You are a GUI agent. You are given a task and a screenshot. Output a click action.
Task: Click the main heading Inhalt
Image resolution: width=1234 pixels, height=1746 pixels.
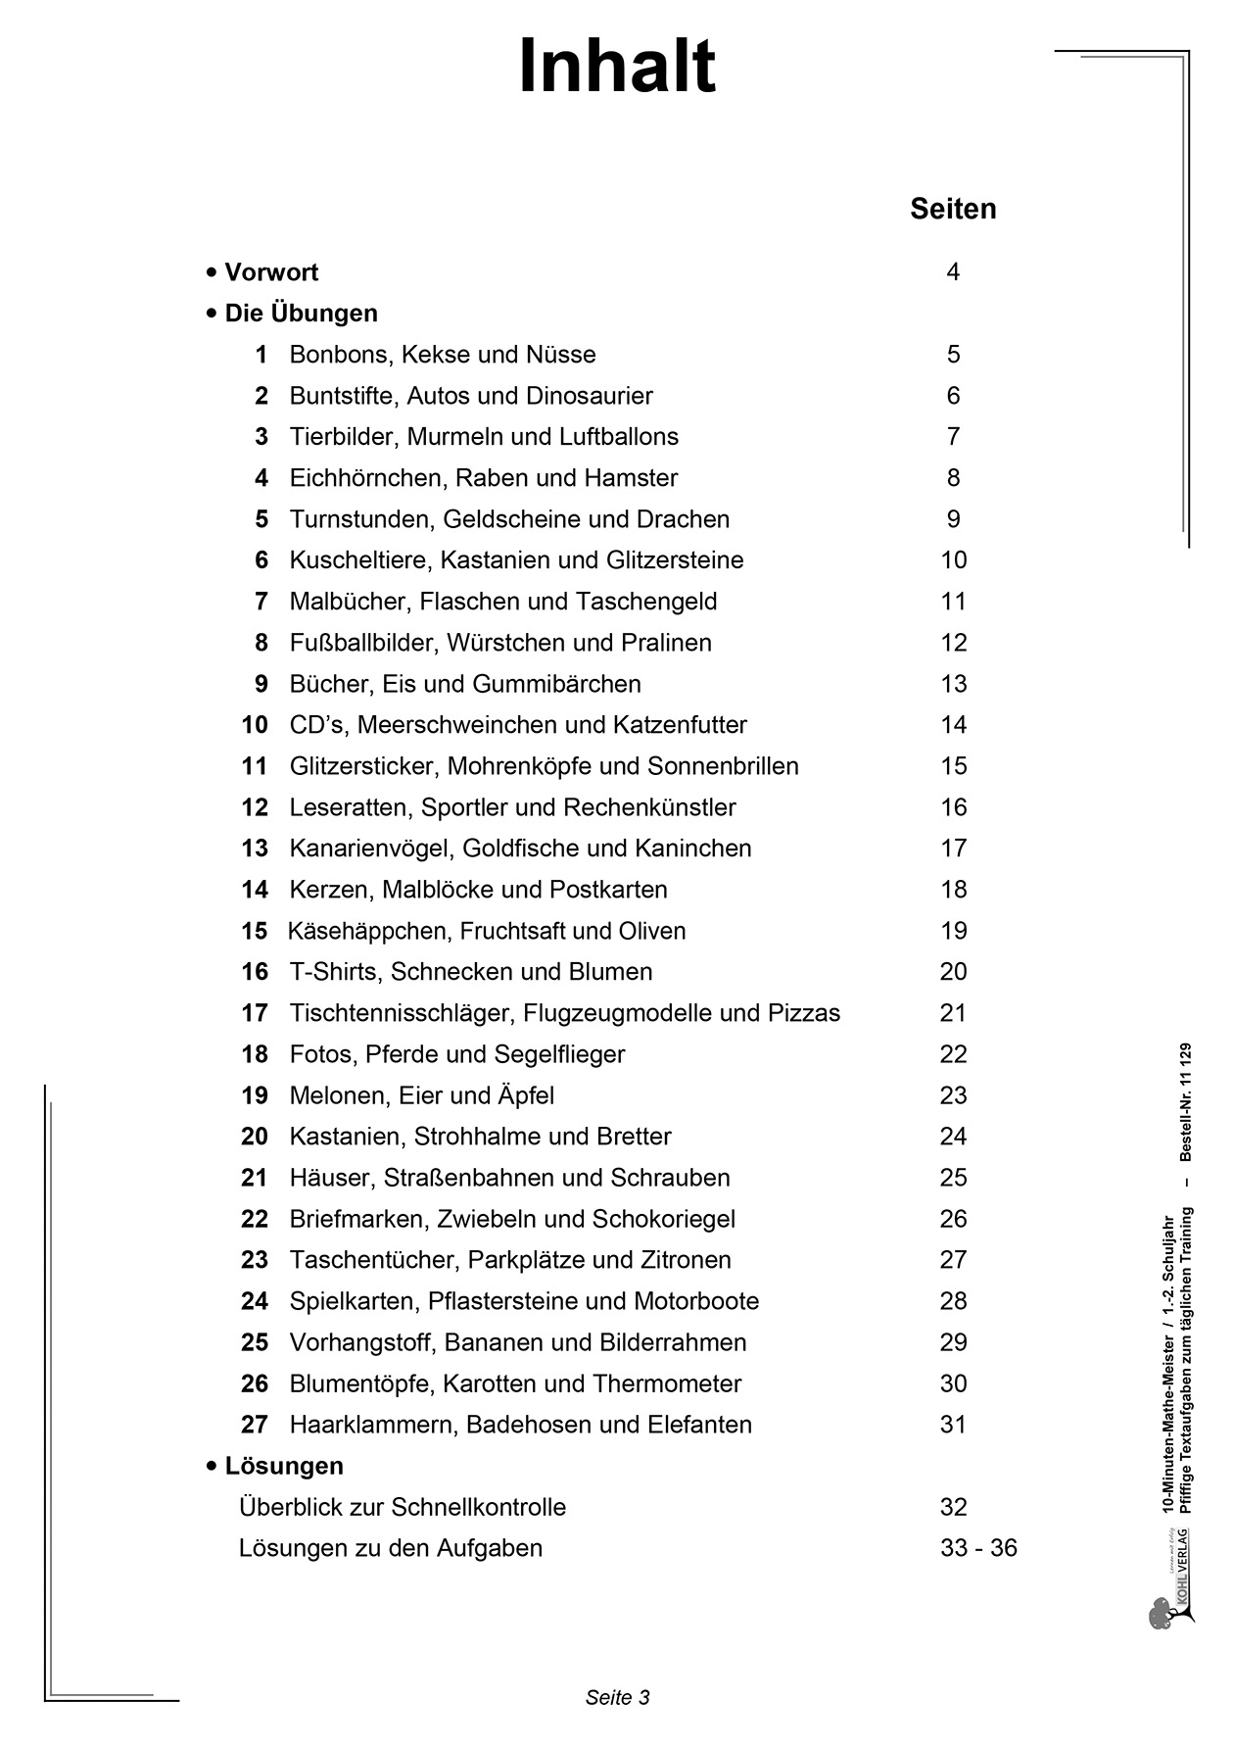(617, 67)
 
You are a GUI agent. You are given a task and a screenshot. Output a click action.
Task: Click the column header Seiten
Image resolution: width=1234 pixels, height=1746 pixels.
(952, 209)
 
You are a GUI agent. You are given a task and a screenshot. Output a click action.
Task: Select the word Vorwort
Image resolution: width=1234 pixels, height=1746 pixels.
(271, 272)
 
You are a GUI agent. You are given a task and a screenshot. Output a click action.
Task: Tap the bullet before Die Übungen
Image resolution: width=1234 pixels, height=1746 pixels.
(212, 314)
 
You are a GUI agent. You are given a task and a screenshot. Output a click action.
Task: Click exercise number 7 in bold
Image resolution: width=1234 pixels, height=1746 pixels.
(261, 602)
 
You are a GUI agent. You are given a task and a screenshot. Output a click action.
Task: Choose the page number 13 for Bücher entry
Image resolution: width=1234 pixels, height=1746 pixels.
(953, 684)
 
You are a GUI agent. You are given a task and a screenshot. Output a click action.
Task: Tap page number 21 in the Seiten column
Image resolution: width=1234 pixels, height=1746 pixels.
(953, 1013)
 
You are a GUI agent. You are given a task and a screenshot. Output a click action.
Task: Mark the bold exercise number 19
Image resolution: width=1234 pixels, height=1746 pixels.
(255, 1095)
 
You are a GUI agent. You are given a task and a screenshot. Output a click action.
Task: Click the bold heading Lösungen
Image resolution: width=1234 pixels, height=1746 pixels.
(284, 1466)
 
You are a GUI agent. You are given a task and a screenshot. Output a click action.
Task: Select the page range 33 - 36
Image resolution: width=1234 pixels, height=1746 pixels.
(977, 1548)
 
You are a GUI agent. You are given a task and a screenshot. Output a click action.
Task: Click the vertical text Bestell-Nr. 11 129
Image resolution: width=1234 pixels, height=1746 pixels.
(1186, 1102)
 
